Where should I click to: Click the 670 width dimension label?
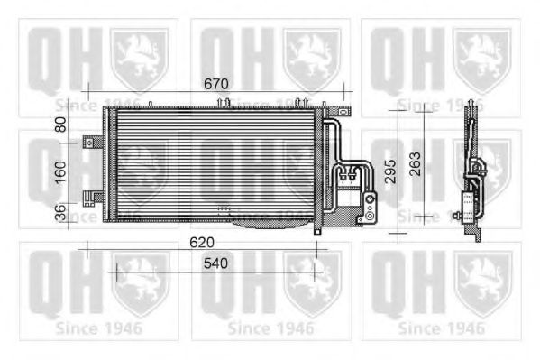pos(215,84)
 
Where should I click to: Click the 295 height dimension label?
pos(389,171)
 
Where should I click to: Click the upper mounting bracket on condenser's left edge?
pos(91,142)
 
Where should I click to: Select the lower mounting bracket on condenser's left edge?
pos(90,198)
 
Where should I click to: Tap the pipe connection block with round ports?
pos(368,208)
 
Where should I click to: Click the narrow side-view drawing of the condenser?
pos(472,171)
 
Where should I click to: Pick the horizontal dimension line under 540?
pos(214,271)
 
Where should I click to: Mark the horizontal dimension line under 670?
pos(215,92)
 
